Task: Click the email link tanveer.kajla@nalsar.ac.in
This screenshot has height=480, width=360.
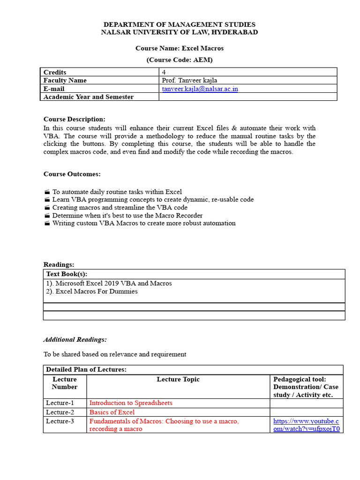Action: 200,89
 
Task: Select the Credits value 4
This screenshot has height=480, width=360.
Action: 164,72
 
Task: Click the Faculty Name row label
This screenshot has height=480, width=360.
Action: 65,80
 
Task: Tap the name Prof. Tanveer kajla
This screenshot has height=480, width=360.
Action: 190,80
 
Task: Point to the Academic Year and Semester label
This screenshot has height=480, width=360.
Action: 89,97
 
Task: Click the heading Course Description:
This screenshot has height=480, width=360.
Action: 75,119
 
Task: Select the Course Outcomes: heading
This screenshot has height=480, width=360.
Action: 72,174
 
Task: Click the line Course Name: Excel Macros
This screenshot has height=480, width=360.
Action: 180,48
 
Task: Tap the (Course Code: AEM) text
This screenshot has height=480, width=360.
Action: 180,60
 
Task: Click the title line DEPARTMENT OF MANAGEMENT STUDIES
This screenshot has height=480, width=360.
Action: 180,24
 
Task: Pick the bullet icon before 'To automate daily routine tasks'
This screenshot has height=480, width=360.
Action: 47,192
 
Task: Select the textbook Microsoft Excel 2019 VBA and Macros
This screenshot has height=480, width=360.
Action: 109,283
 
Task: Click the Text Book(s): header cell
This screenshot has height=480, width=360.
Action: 67,274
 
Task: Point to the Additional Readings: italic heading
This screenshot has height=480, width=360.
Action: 75,339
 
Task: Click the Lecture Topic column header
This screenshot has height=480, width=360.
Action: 178,379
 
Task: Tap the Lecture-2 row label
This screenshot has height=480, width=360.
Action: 60,412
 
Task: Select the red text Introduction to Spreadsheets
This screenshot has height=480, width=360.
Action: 131,403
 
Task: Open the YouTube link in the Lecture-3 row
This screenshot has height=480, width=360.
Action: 306,425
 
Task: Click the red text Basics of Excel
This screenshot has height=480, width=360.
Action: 112,412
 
